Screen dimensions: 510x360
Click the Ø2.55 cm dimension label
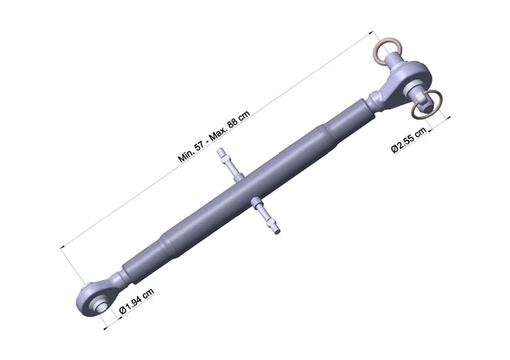(408, 140)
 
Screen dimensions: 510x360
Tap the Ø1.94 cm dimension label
(137, 301)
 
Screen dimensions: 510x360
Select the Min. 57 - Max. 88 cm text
(214, 136)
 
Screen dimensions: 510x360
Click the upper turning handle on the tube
(230, 164)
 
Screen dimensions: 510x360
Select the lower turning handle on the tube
(266, 216)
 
